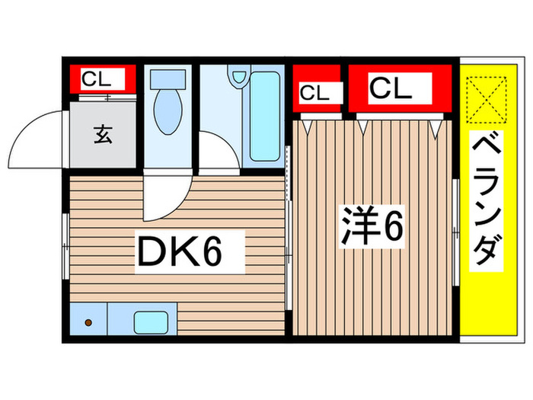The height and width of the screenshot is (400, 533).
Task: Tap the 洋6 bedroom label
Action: (x=371, y=225)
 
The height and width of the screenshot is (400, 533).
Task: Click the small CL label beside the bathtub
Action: (x=314, y=94)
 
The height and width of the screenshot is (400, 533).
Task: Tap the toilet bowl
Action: (x=166, y=113)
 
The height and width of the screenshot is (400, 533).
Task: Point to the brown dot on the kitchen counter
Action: (x=87, y=322)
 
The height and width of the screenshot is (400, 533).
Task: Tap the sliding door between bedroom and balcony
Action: (x=455, y=229)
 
